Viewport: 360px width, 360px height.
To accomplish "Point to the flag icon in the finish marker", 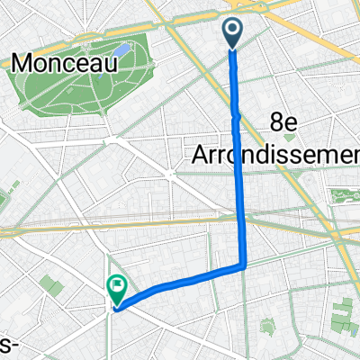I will [117, 288].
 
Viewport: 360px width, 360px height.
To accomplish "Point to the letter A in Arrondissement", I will [201, 154].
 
